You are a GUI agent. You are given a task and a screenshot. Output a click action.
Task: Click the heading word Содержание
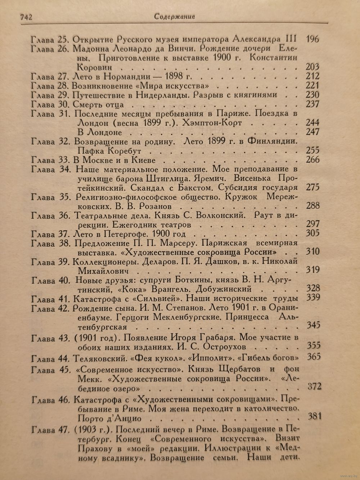[174, 16]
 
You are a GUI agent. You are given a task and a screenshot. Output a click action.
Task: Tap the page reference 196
[311, 39]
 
